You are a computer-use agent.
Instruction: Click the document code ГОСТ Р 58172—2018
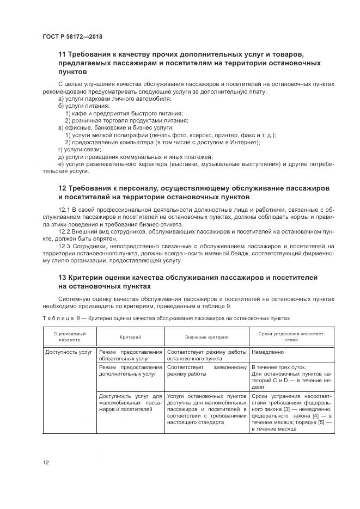(72, 36)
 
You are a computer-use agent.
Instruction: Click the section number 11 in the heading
(62, 55)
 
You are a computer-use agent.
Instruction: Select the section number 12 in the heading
(62, 188)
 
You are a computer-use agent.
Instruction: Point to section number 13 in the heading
(62, 278)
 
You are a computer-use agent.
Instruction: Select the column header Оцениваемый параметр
(69, 335)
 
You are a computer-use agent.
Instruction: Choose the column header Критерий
(131, 336)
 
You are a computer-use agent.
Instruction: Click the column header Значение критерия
(206, 336)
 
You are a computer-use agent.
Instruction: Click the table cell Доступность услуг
(69, 352)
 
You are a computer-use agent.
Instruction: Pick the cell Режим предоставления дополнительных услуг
(130, 371)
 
